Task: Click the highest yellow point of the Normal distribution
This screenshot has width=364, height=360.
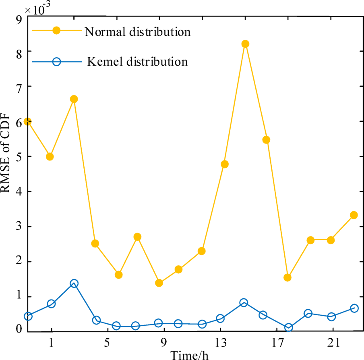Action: [x=245, y=44]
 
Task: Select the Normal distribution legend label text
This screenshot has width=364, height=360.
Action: [x=137, y=31]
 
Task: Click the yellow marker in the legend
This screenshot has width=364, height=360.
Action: [x=56, y=31]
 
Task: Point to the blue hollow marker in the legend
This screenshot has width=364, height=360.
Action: [x=56, y=62]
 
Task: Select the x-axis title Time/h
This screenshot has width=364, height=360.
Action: [x=189, y=355]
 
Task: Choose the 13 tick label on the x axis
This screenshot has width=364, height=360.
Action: [x=220, y=342]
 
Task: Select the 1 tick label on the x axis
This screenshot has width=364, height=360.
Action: [x=51, y=342]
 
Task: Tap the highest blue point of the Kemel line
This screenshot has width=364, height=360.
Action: [x=74, y=283]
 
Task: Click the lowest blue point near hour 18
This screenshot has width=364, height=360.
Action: [x=288, y=327]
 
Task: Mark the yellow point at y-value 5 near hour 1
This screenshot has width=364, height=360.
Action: [x=50, y=156]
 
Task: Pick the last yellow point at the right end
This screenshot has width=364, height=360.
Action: [x=354, y=215]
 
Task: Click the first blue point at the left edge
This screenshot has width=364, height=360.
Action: [x=28, y=316]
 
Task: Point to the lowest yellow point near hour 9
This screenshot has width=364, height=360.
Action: [x=159, y=283]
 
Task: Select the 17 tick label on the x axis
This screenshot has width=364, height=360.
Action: [x=276, y=342]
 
